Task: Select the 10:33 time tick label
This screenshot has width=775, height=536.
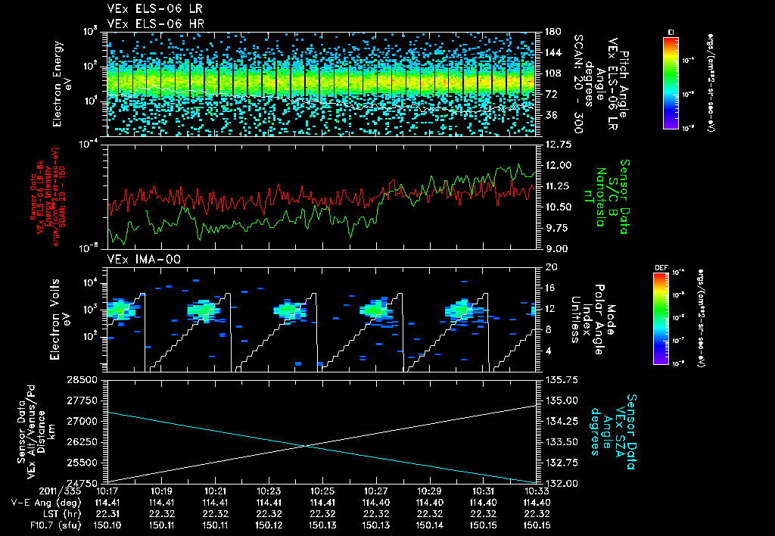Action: click(537, 491)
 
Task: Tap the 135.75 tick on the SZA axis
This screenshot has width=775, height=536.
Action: click(558, 379)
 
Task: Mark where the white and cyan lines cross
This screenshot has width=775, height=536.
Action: click(306, 445)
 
